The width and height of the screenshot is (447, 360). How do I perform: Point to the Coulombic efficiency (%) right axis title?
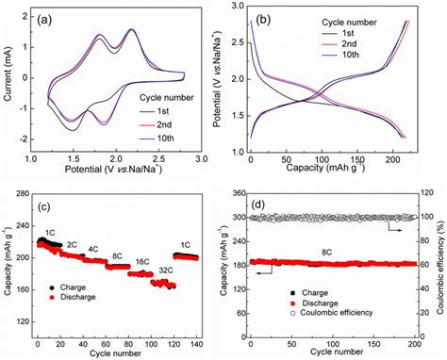439,265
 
